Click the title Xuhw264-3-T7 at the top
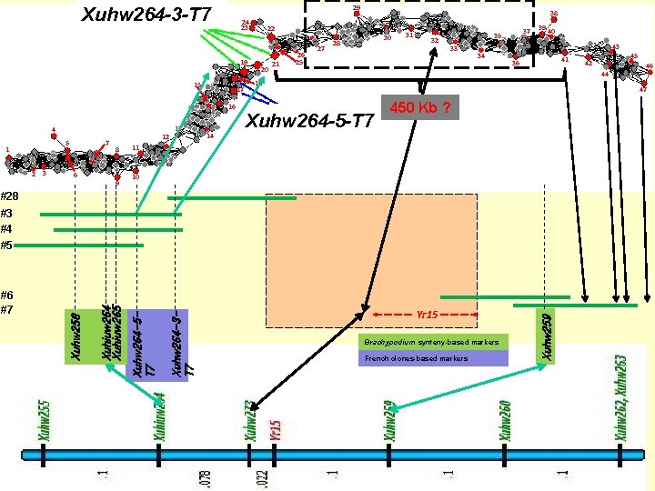pyautogui.click(x=146, y=15)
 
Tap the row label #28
pyautogui.click(x=10, y=195)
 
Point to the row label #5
pyautogui.click(x=6, y=245)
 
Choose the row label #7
pyautogui.click(x=6, y=309)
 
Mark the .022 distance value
pyautogui.click(x=262, y=471)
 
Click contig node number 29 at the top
pyautogui.click(x=356, y=8)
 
